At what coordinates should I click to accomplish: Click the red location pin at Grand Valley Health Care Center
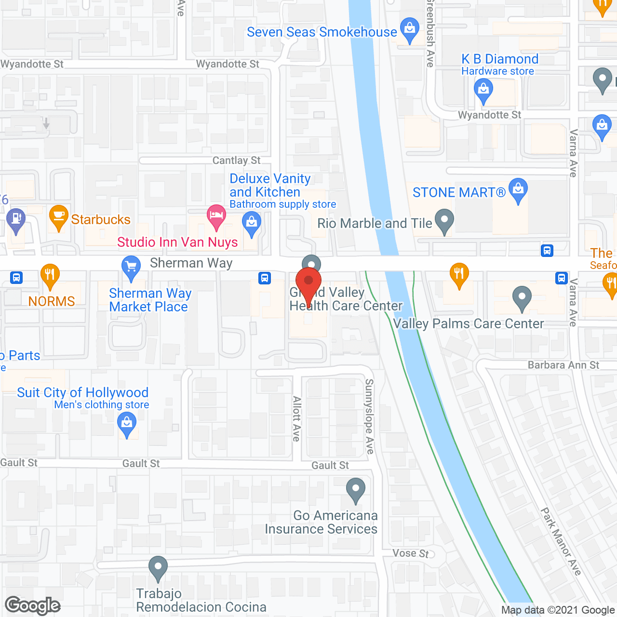[308, 282]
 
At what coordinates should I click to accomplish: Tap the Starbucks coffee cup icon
[58, 217]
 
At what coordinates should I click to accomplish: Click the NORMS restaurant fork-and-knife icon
[50, 275]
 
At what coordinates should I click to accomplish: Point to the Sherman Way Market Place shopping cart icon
[131, 268]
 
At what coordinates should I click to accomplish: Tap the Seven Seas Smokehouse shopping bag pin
[410, 29]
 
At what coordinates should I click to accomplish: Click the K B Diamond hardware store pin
[483, 91]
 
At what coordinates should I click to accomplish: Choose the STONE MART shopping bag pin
[518, 190]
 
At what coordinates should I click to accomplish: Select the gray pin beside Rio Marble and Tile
[444, 221]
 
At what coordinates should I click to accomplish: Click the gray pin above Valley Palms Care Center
[522, 297]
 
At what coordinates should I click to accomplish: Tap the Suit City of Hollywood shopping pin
[127, 425]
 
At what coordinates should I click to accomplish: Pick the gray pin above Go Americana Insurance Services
[356, 490]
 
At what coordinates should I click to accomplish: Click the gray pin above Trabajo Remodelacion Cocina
[158, 568]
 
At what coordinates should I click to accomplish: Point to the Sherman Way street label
[191, 263]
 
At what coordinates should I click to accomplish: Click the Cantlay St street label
[236, 161]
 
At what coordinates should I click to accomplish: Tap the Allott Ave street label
[297, 418]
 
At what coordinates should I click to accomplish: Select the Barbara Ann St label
[563, 365]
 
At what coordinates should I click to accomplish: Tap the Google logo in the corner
[33, 605]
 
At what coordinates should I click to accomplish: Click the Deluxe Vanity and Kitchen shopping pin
[251, 224]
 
